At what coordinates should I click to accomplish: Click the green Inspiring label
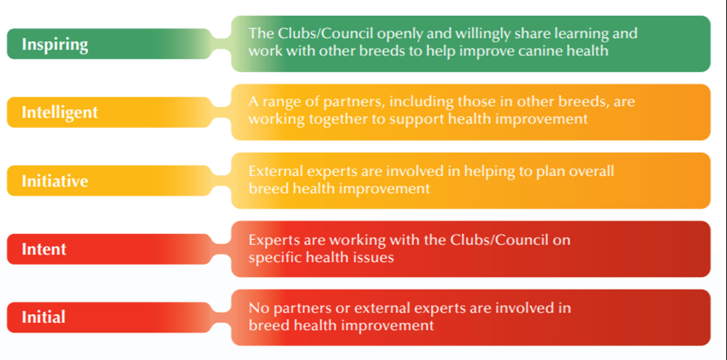pyautogui.click(x=55, y=44)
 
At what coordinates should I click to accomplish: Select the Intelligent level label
pyautogui.click(x=60, y=113)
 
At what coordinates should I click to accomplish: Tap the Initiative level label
pyautogui.click(x=55, y=181)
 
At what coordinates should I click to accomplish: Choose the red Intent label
pyautogui.click(x=44, y=249)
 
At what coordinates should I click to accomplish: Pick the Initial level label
pyautogui.click(x=44, y=317)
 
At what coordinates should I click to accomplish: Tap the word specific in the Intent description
pyautogui.click(x=274, y=257)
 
